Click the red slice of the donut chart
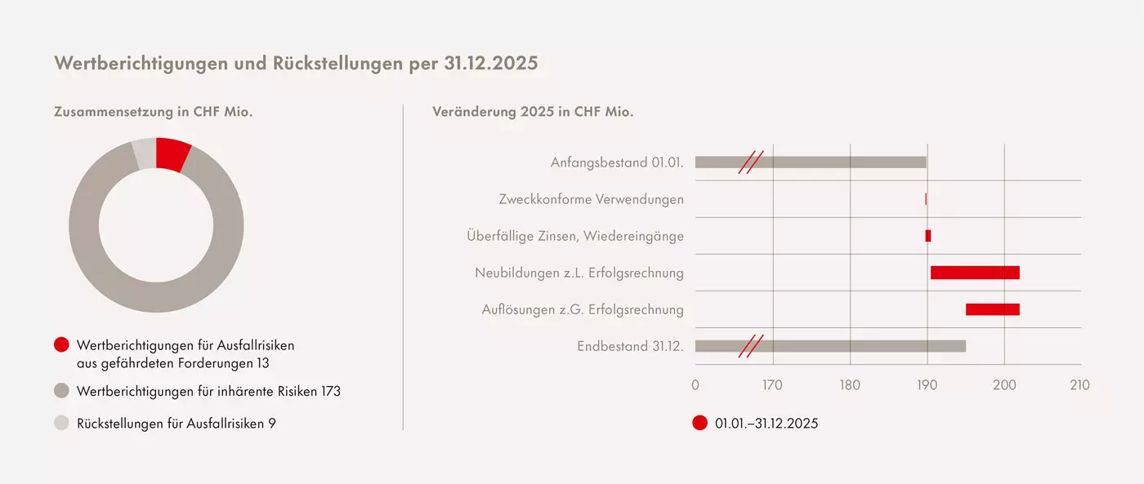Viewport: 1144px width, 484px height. [172, 153]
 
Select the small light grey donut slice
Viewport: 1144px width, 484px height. [144, 153]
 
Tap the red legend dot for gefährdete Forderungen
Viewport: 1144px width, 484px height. [61, 345]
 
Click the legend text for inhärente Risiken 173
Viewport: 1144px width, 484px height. [208, 392]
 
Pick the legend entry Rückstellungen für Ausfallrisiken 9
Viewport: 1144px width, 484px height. [176, 424]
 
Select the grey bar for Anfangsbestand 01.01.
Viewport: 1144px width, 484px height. [811, 162]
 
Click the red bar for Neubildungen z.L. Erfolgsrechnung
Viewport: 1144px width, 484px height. [975, 273]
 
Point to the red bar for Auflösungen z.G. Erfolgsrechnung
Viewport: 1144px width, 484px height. [993, 309]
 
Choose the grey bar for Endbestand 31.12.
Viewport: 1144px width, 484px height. [830, 346]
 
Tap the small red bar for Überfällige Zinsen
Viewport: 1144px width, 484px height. [928, 236]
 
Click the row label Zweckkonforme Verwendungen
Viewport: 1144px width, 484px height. [591, 199]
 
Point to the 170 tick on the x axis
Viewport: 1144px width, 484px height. [772, 385]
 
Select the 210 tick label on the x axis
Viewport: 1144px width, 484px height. [1080, 385]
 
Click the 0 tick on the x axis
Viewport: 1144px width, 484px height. [695, 385]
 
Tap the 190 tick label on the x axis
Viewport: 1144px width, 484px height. [927, 385]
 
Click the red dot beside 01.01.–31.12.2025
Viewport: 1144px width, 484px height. [699, 423]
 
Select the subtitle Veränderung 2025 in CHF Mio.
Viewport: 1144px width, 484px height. [533, 112]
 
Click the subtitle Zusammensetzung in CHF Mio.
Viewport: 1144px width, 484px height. [153, 112]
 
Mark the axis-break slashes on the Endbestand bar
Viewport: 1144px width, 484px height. [750, 346]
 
